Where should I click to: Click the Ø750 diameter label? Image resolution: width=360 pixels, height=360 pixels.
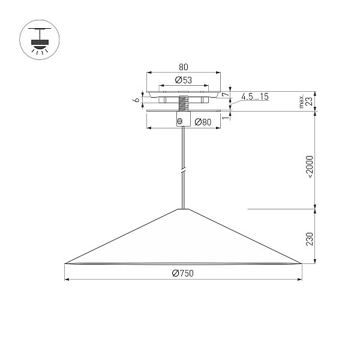183,273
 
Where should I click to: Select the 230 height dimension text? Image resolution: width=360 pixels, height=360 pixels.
310,239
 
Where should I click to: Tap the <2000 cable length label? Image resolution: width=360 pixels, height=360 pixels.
310,167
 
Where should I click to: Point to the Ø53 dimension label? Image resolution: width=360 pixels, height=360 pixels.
183,80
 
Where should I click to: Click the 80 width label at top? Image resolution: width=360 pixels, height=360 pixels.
184,67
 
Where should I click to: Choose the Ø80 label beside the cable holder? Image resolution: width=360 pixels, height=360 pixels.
203,122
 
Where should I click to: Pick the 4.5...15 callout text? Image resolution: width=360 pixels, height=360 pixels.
255,97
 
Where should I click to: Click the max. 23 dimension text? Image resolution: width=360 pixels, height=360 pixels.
307,101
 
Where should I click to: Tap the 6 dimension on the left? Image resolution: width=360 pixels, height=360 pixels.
137,100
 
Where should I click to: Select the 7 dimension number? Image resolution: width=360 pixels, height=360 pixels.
226,94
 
